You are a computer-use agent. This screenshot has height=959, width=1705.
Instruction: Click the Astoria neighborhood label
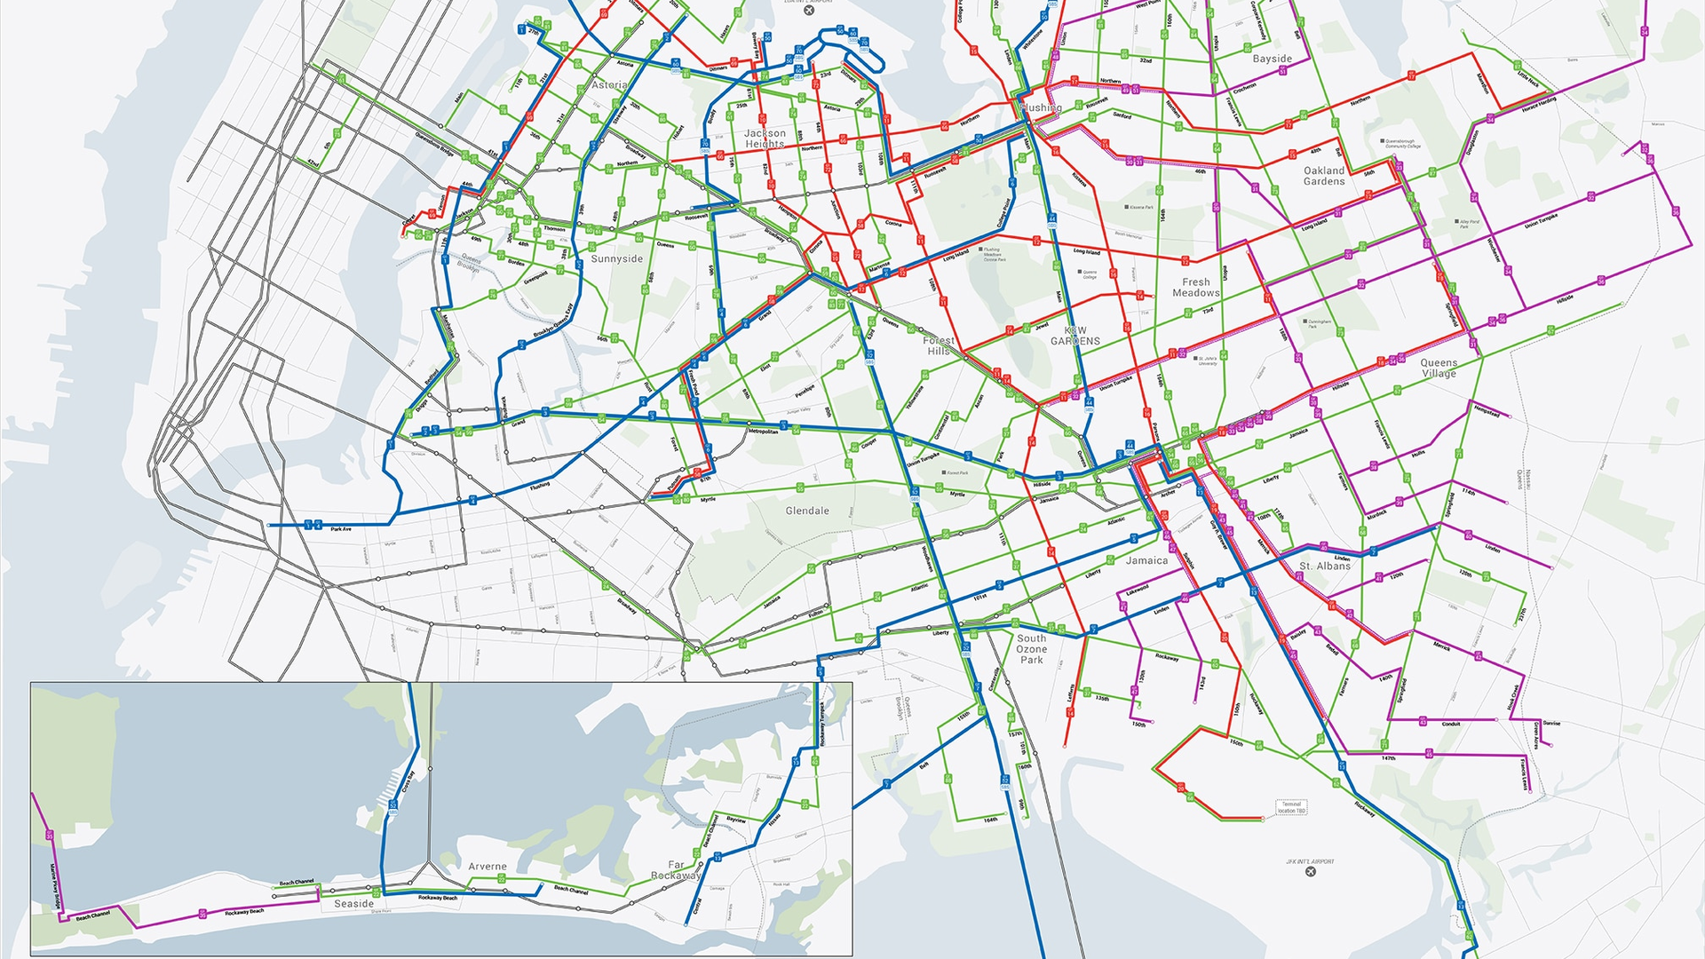coord(609,85)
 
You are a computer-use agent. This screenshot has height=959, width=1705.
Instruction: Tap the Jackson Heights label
coord(765,139)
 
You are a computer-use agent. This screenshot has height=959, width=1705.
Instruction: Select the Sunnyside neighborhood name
coord(617,259)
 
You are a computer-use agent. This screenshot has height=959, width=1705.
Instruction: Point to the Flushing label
coord(1041,108)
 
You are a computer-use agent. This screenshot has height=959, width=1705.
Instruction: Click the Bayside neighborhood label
coord(1273,59)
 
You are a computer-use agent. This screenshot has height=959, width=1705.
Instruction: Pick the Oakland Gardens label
coord(1324,176)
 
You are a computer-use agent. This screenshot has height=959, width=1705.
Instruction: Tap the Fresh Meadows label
coord(1196,288)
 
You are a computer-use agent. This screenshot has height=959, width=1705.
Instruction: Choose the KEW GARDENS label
coord(1075,336)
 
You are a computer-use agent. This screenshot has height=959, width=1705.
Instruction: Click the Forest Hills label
coord(939,345)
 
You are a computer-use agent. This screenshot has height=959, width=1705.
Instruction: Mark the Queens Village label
coord(1439,368)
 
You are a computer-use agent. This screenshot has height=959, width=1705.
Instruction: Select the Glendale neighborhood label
coord(807,511)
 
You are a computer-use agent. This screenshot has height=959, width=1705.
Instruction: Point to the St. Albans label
coord(1325,566)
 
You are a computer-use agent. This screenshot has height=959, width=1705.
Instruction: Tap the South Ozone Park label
coord(1032,649)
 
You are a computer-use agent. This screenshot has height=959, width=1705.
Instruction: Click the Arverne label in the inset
coord(488,867)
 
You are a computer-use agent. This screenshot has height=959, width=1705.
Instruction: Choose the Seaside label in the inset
coord(353,904)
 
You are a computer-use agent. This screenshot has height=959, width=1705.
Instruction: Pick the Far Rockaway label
coord(676,870)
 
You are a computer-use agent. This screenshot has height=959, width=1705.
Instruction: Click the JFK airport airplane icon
coord(1311,872)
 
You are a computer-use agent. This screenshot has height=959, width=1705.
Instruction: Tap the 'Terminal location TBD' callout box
coord(1291,807)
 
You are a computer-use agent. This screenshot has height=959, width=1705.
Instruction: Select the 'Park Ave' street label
coord(341,529)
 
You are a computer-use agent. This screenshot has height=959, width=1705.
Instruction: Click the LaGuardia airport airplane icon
coord(808,11)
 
